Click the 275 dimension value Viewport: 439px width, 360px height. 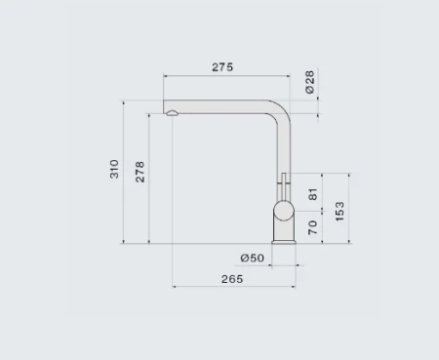tap(222, 67)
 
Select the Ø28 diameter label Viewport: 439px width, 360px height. tap(309, 83)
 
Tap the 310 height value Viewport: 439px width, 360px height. tap(114, 169)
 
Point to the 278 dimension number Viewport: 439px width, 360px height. tap(140, 172)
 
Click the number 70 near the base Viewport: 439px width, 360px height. tap(312, 227)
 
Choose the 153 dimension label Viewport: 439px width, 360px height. tap(339, 210)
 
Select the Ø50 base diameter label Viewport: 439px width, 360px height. tap(252, 258)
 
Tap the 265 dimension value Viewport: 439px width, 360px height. tap(231, 279)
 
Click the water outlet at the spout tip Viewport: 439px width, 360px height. tap(173, 114)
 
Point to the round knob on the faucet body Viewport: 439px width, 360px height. tap(282, 212)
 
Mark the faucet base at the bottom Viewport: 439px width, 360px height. tap(283, 237)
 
